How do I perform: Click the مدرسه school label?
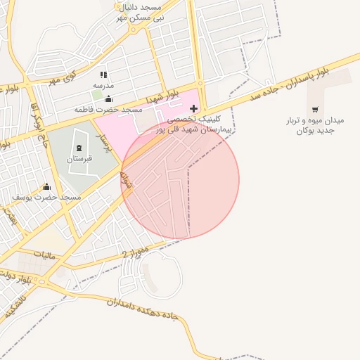pyautogui.click(x=103, y=85)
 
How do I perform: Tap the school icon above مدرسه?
pyautogui.click(x=103, y=75)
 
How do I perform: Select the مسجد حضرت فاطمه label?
pyautogui.click(x=109, y=110)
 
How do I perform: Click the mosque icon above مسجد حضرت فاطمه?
pyautogui.click(x=108, y=99)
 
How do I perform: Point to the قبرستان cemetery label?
pyautogui.click(x=79, y=160)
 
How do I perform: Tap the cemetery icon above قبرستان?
pyautogui.click(x=78, y=148)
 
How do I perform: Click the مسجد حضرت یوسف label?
pyautogui.click(x=46, y=198)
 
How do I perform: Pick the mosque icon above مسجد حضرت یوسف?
pyautogui.click(x=46, y=186)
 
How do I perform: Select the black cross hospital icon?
pyautogui.click(x=194, y=108)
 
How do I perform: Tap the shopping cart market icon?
pyautogui.click(x=314, y=109)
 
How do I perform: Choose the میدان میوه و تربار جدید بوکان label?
pyautogui.click(x=314, y=126)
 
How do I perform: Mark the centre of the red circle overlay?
pyautogui.click(x=180, y=179)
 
